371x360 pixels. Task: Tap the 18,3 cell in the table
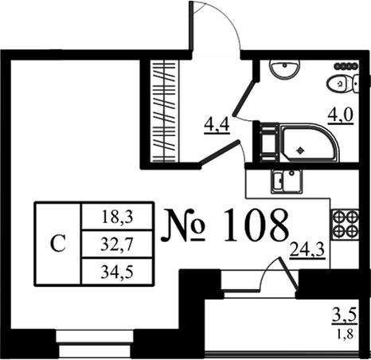pyautogui.click(x=117, y=217)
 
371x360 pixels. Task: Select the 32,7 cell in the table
pyautogui.click(x=117, y=244)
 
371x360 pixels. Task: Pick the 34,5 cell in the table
pyautogui.click(x=117, y=272)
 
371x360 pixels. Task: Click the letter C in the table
pyautogui.click(x=58, y=244)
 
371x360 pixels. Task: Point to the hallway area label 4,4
pyautogui.click(x=217, y=125)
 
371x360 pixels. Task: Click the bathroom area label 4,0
pyautogui.click(x=341, y=115)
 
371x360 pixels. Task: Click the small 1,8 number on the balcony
pyautogui.click(x=345, y=334)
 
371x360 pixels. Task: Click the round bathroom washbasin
pyautogui.click(x=285, y=69)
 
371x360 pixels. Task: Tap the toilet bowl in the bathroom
pyautogui.click(x=343, y=84)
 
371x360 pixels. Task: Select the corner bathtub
pyautogui.click(x=309, y=143)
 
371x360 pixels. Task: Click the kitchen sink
pyautogui.click(x=287, y=181)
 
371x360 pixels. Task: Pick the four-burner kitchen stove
pyautogui.click(x=345, y=224)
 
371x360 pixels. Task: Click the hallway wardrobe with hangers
pyautogui.click(x=164, y=111)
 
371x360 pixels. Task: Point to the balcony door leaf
pyautogui.click(x=287, y=273)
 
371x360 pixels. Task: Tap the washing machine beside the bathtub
pyautogui.click(x=269, y=143)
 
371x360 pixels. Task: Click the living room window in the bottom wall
pyautogui.click(x=95, y=344)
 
